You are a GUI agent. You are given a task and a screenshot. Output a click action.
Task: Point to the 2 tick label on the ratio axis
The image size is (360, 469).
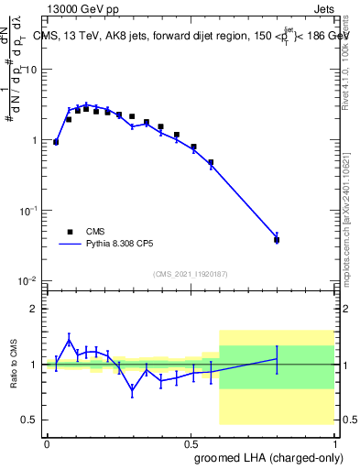click(36, 309)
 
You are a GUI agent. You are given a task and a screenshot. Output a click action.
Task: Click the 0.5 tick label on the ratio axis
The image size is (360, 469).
click(32, 420)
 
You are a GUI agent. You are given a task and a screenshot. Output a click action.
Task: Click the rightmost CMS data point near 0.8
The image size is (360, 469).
click(277, 240)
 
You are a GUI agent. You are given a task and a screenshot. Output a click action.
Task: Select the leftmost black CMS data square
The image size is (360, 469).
click(56, 142)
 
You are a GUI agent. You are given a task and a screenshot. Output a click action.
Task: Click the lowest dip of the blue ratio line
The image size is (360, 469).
click(133, 390)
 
